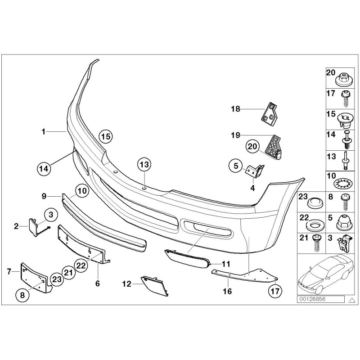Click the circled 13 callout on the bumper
143,165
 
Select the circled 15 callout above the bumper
105,135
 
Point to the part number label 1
43,131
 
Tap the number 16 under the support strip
228,292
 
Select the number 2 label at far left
16,226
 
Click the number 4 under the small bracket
253,187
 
